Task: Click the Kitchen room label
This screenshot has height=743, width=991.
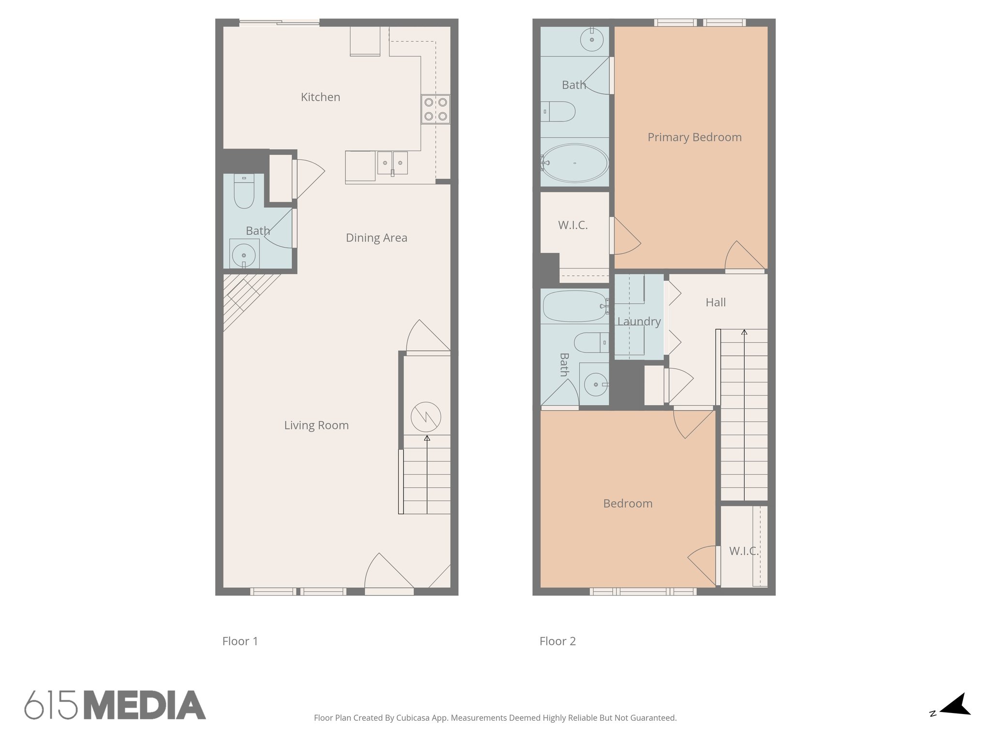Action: coord(320,97)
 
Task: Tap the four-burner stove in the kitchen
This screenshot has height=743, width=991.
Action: coord(435,109)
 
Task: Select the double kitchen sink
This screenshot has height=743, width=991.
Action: coord(392,162)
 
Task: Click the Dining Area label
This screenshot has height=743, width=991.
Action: coord(376,238)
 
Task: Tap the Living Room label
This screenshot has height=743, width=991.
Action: coord(316,425)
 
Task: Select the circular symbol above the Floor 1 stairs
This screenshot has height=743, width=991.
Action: coord(426,417)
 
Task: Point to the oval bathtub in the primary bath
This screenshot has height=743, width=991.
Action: coord(574,163)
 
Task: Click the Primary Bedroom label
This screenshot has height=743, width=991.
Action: coord(694,137)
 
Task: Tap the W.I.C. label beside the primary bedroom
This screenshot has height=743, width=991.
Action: coord(573,225)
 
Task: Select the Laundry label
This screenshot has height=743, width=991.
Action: coord(639,322)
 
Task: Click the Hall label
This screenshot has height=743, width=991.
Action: coord(716,302)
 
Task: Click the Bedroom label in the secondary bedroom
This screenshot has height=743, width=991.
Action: coord(628,504)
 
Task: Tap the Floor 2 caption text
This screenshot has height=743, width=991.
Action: coord(557,641)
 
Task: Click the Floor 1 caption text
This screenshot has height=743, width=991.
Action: coord(240,641)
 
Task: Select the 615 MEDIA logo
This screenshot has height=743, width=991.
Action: coord(115,705)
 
